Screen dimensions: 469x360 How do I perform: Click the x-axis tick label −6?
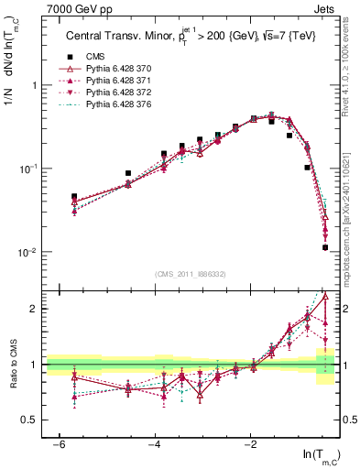58,444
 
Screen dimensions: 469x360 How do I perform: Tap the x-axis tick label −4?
155,444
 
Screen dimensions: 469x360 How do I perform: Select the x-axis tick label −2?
251,444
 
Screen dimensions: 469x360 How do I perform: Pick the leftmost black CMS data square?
74,197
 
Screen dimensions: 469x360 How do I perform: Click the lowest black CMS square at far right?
325,247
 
